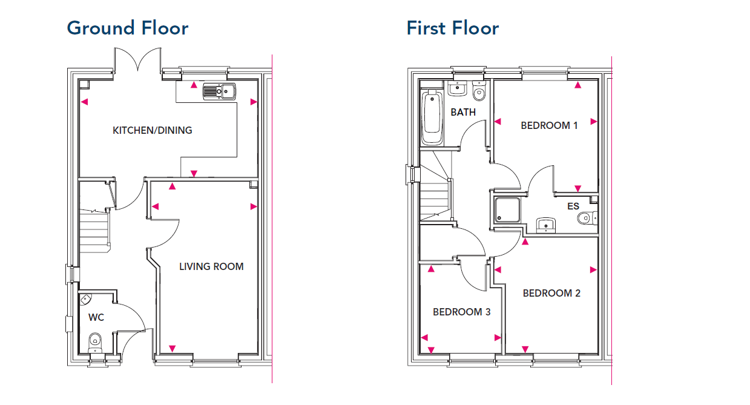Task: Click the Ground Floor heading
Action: coord(128,28)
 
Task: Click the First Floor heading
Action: coord(453,28)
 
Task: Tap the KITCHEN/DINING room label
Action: coord(153,130)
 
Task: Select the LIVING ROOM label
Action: coord(211,266)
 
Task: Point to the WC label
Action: coord(96,317)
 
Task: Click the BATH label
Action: coord(463,112)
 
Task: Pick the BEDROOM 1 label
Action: coord(549,126)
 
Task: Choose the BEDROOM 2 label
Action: coord(551,293)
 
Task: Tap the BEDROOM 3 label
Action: coord(462,312)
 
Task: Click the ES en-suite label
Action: coord(573,206)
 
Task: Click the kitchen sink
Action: coord(219,91)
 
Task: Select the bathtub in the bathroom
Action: coord(432,117)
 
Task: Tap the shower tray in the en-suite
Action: coord(508,209)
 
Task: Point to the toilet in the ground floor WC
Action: coord(95,343)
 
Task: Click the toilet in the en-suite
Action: coord(587,218)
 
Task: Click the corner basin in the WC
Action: coord(85,299)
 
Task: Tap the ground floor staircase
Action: coord(95,231)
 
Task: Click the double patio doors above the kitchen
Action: coord(137,61)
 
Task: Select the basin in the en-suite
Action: coord(546,225)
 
